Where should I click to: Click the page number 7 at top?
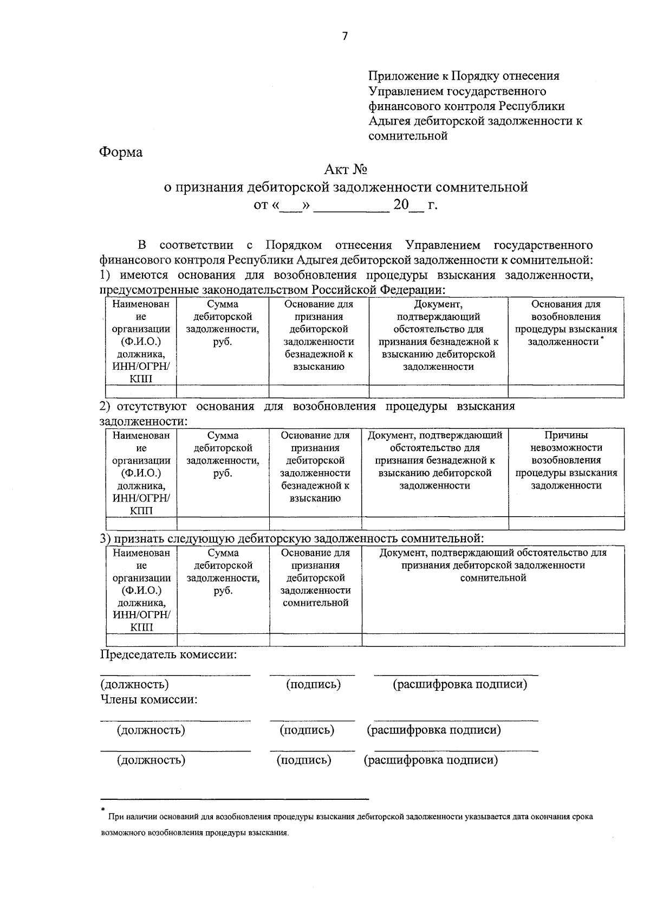pyautogui.click(x=345, y=36)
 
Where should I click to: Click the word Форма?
pyautogui.click(x=121, y=152)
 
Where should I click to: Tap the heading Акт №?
pyautogui.click(x=346, y=170)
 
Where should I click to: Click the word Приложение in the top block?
pyautogui.click(x=401, y=76)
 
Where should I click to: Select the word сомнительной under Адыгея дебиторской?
pyautogui.click(x=408, y=136)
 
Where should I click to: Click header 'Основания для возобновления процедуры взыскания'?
pyautogui.click(x=565, y=323)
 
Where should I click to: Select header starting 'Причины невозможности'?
pyautogui.click(x=566, y=460)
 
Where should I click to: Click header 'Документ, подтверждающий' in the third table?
pyautogui.click(x=493, y=565)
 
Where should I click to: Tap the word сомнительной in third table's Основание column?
pyautogui.click(x=315, y=603)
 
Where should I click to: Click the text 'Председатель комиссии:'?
pyautogui.click(x=168, y=654)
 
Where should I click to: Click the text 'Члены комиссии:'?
pyautogui.click(x=148, y=699)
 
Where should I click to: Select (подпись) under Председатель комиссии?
pyautogui.click(x=313, y=684)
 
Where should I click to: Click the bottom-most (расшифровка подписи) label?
pyautogui.click(x=431, y=760)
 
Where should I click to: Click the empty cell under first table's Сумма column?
pyautogui.click(x=222, y=391)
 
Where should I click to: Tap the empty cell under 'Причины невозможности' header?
pyautogui.click(x=566, y=523)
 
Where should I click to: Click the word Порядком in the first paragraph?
pyautogui.click(x=294, y=245)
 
